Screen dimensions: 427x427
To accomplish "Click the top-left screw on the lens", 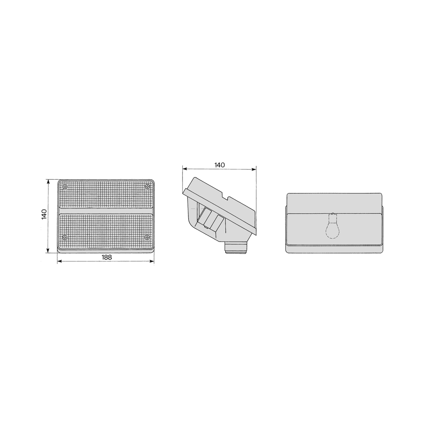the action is [x=65, y=186].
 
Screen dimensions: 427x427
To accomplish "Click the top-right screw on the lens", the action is [x=147, y=186].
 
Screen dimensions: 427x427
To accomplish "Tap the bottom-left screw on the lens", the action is [x=65, y=238].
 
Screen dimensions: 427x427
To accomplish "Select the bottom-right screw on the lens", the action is [x=147, y=238].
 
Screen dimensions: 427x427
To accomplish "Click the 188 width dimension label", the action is [x=107, y=257].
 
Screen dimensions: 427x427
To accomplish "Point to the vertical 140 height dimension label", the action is [x=44, y=214].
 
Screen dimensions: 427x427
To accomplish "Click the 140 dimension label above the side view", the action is [x=220, y=165].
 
